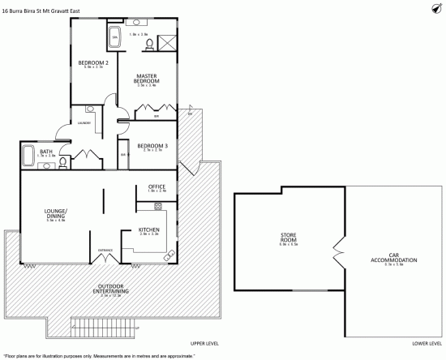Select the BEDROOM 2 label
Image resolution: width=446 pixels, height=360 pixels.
click(x=93, y=62)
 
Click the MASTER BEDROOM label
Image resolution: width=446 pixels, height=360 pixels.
click(x=146, y=79)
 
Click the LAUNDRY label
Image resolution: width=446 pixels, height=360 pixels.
click(x=84, y=122)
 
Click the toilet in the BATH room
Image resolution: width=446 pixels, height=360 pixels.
click(x=62, y=163)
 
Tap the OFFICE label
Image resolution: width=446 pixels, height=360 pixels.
click(x=157, y=187)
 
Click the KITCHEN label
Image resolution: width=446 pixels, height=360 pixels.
click(x=148, y=229)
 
